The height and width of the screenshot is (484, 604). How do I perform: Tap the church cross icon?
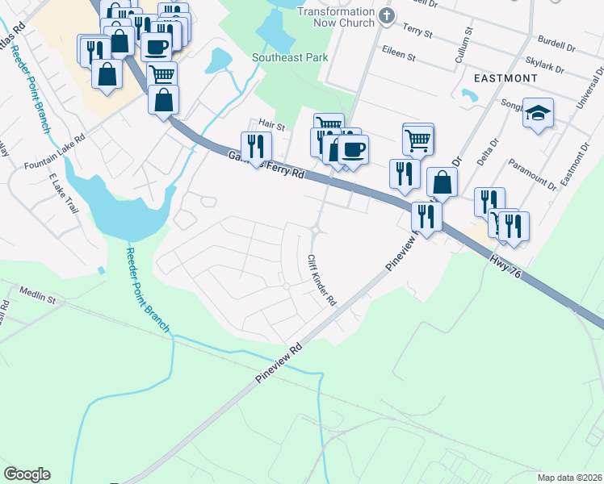pos(386,15)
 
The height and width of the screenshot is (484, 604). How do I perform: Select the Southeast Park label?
pos(289,58)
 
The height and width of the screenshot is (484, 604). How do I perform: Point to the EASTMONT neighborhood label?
pos(505,78)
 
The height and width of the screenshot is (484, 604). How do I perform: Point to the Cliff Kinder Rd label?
pos(321,281)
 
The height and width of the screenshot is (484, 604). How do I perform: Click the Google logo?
pos(27,474)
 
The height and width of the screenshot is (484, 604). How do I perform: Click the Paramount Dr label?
pos(532,175)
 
